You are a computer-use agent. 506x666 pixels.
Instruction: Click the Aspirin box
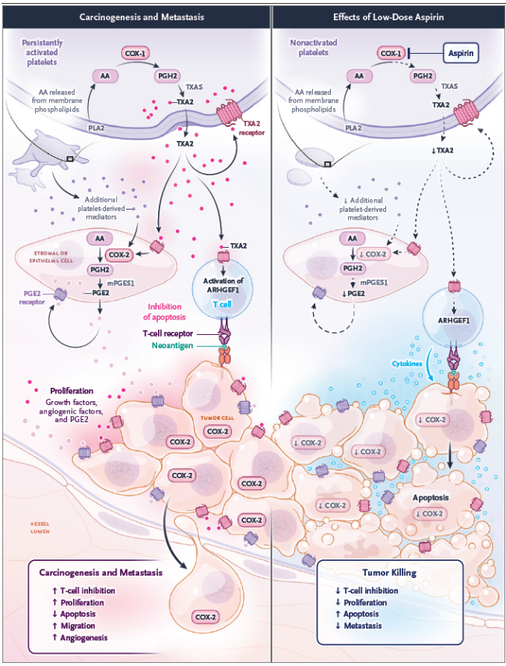(x=459, y=53)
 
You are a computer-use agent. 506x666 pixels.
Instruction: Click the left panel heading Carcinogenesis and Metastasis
(x=135, y=16)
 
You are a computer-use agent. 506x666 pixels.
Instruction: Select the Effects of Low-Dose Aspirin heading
(x=387, y=16)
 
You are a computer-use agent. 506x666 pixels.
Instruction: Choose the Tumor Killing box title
(x=389, y=573)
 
